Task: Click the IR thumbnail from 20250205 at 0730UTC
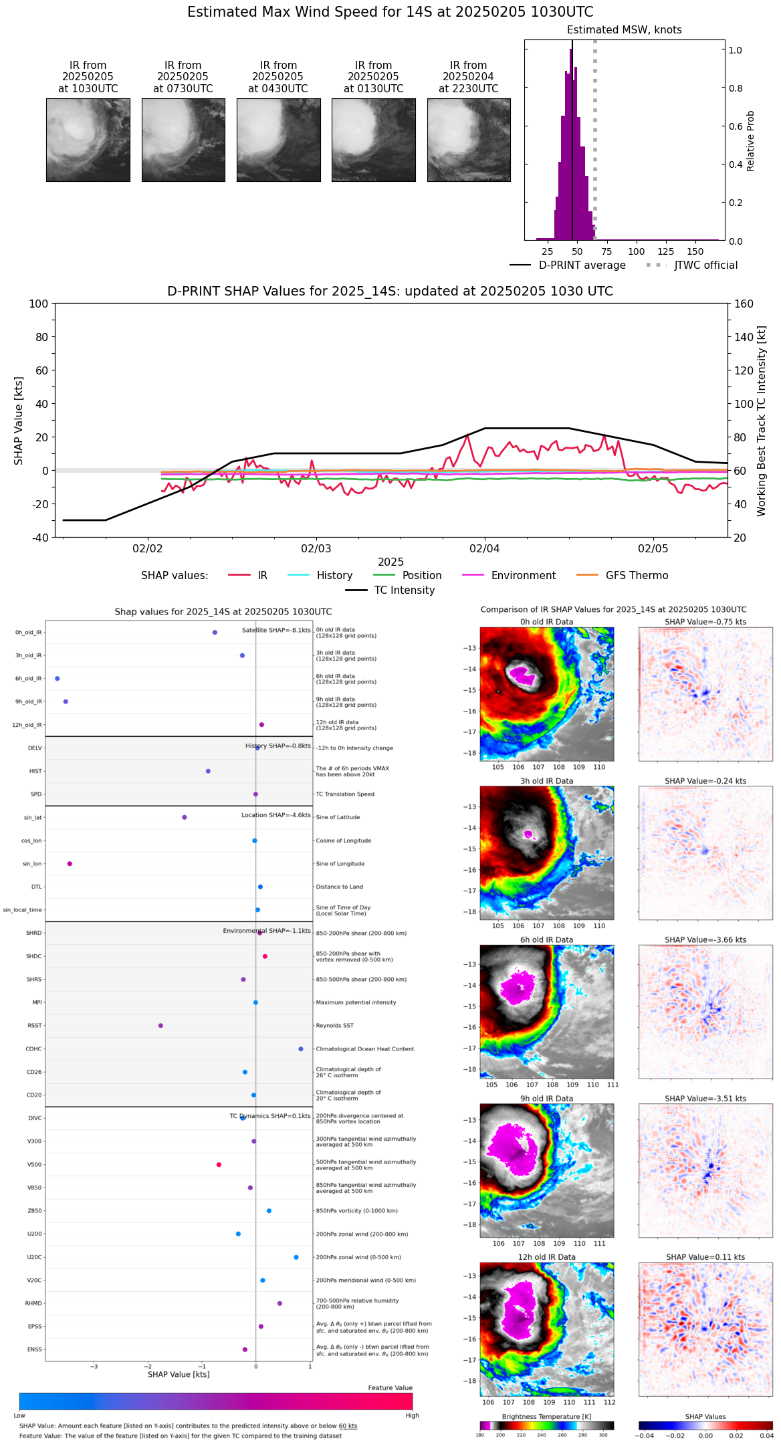coord(183,140)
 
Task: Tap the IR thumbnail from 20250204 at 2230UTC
coord(469,140)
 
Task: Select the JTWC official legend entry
coord(705,265)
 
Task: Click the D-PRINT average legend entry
coord(582,265)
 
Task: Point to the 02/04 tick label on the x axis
coord(484,549)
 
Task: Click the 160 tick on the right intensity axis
coord(744,304)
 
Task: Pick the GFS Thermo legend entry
coord(637,576)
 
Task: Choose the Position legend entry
coord(421,576)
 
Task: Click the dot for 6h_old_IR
coord(58,679)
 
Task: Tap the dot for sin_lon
coord(70,864)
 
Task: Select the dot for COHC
coord(301,1049)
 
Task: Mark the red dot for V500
coord(219,1165)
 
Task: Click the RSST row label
coord(35,1026)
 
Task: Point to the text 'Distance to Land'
coord(339,887)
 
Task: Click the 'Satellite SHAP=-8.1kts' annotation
coord(276,630)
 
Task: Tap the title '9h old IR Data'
coord(546,1099)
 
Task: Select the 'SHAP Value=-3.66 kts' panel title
coord(705,940)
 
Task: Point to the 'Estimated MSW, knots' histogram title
coord(624,30)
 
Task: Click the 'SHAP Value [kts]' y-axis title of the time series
coord(19,421)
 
